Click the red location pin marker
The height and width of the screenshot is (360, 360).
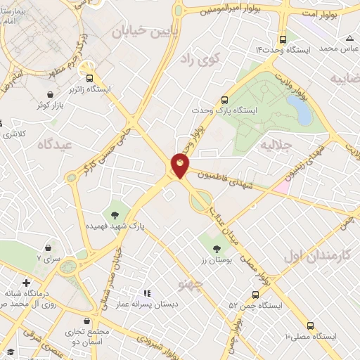tap(180, 165)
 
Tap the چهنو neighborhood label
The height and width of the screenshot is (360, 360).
tap(191, 283)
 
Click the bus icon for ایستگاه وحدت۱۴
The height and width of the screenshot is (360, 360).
tap(283, 39)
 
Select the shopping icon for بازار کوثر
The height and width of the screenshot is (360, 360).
tap(50, 94)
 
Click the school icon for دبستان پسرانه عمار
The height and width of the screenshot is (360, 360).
tap(147, 292)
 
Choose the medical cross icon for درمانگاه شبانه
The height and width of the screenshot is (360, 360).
tap(26, 283)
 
